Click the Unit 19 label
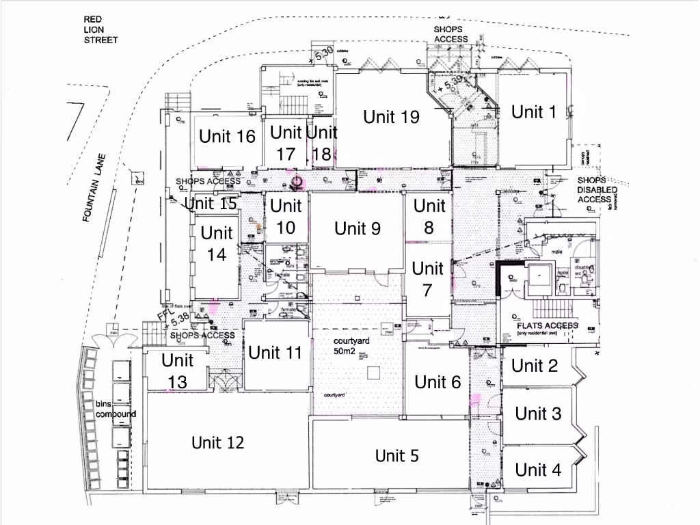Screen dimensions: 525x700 pyautogui.click(x=391, y=117)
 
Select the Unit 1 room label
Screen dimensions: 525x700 pyautogui.click(x=534, y=112)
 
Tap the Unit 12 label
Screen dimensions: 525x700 pyautogui.click(x=217, y=443)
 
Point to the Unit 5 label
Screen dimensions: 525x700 pyautogui.click(x=397, y=455)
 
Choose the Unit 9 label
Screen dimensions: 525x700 pyautogui.click(x=357, y=228)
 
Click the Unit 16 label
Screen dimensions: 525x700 pyautogui.click(x=227, y=137)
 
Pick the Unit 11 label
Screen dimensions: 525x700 pyautogui.click(x=275, y=353)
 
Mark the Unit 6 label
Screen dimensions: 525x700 pyautogui.click(x=438, y=382)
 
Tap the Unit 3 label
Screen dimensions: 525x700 pyautogui.click(x=538, y=414)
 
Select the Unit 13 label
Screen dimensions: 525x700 pyautogui.click(x=178, y=371)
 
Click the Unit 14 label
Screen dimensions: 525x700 pyautogui.click(x=217, y=243)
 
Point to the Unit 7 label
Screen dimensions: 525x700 pyautogui.click(x=428, y=279)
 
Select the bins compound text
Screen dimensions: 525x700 pyautogui.click(x=116, y=409)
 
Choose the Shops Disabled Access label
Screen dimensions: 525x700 pyautogui.click(x=597, y=189)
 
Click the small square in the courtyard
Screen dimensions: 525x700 pyautogui.click(x=373, y=373)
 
